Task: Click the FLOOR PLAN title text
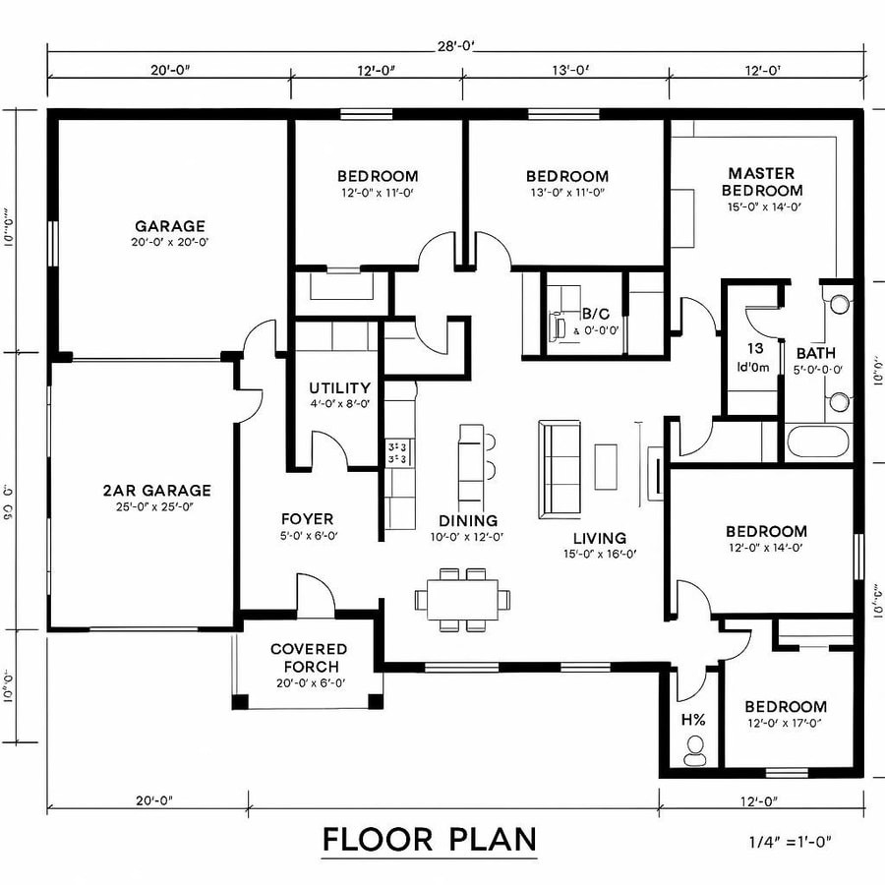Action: tap(430, 839)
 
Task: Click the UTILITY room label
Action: tap(339, 387)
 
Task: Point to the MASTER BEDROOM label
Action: tap(762, 181)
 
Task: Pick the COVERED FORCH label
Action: tap(309, 658)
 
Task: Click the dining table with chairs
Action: tap(463, 598)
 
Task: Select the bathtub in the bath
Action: tap(818, 442)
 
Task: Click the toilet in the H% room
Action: tap(695, 752)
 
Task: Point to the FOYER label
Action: tap(307, 519)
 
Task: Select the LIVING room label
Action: tap(600, 538)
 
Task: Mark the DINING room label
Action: tap(469, 520)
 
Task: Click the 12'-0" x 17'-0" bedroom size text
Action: tap(785, 724)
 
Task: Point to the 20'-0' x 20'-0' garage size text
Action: tap(170, 242)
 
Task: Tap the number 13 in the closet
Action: tap(755, 349)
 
